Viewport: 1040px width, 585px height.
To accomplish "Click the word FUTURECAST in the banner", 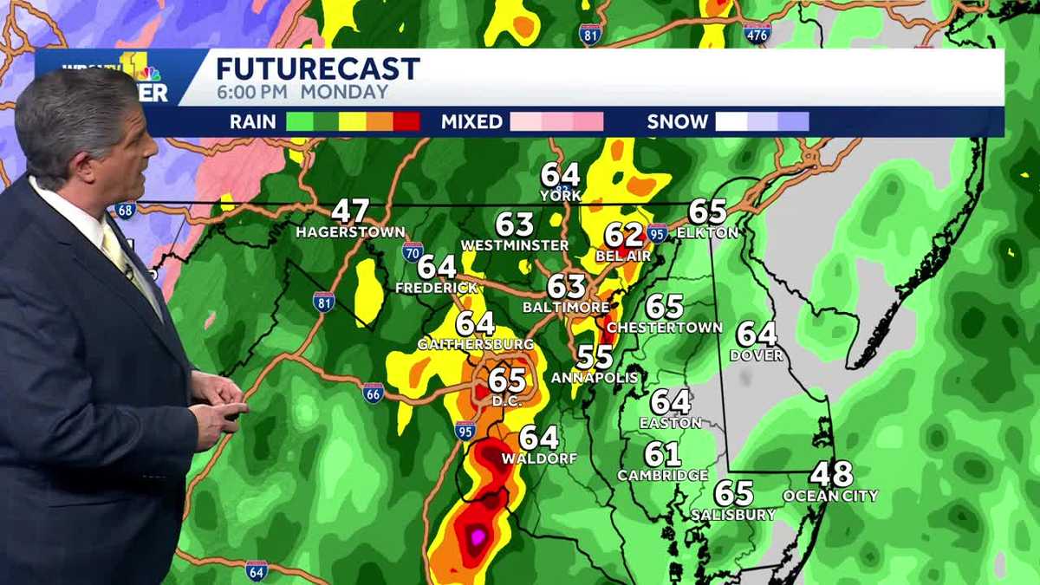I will tap(317, 68).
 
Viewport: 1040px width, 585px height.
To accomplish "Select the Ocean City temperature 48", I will tap(831, 475).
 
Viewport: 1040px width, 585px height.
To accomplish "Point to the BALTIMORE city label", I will tap(566, 307).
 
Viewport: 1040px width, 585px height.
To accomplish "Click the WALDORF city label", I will tap(539, 458).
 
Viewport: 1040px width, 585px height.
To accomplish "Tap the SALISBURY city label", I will tap(733, 515).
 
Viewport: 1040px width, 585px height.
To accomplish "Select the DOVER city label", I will tap(757, 355).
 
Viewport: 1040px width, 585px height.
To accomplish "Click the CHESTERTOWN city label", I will tap(665, 328).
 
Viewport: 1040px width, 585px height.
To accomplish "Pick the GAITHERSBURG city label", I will tap(476, 344).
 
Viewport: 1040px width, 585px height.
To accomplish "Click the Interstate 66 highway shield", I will tap(374, 393).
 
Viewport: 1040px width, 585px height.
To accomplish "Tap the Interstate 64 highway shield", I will tap(256, 571).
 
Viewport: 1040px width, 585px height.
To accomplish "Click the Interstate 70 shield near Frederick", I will tap(413, 252).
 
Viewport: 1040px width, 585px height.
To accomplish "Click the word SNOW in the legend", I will tap(677, 122).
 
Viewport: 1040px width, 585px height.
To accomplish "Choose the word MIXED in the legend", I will tap(471, 122).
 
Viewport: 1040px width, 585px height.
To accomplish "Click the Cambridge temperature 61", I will tap(662, 455).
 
